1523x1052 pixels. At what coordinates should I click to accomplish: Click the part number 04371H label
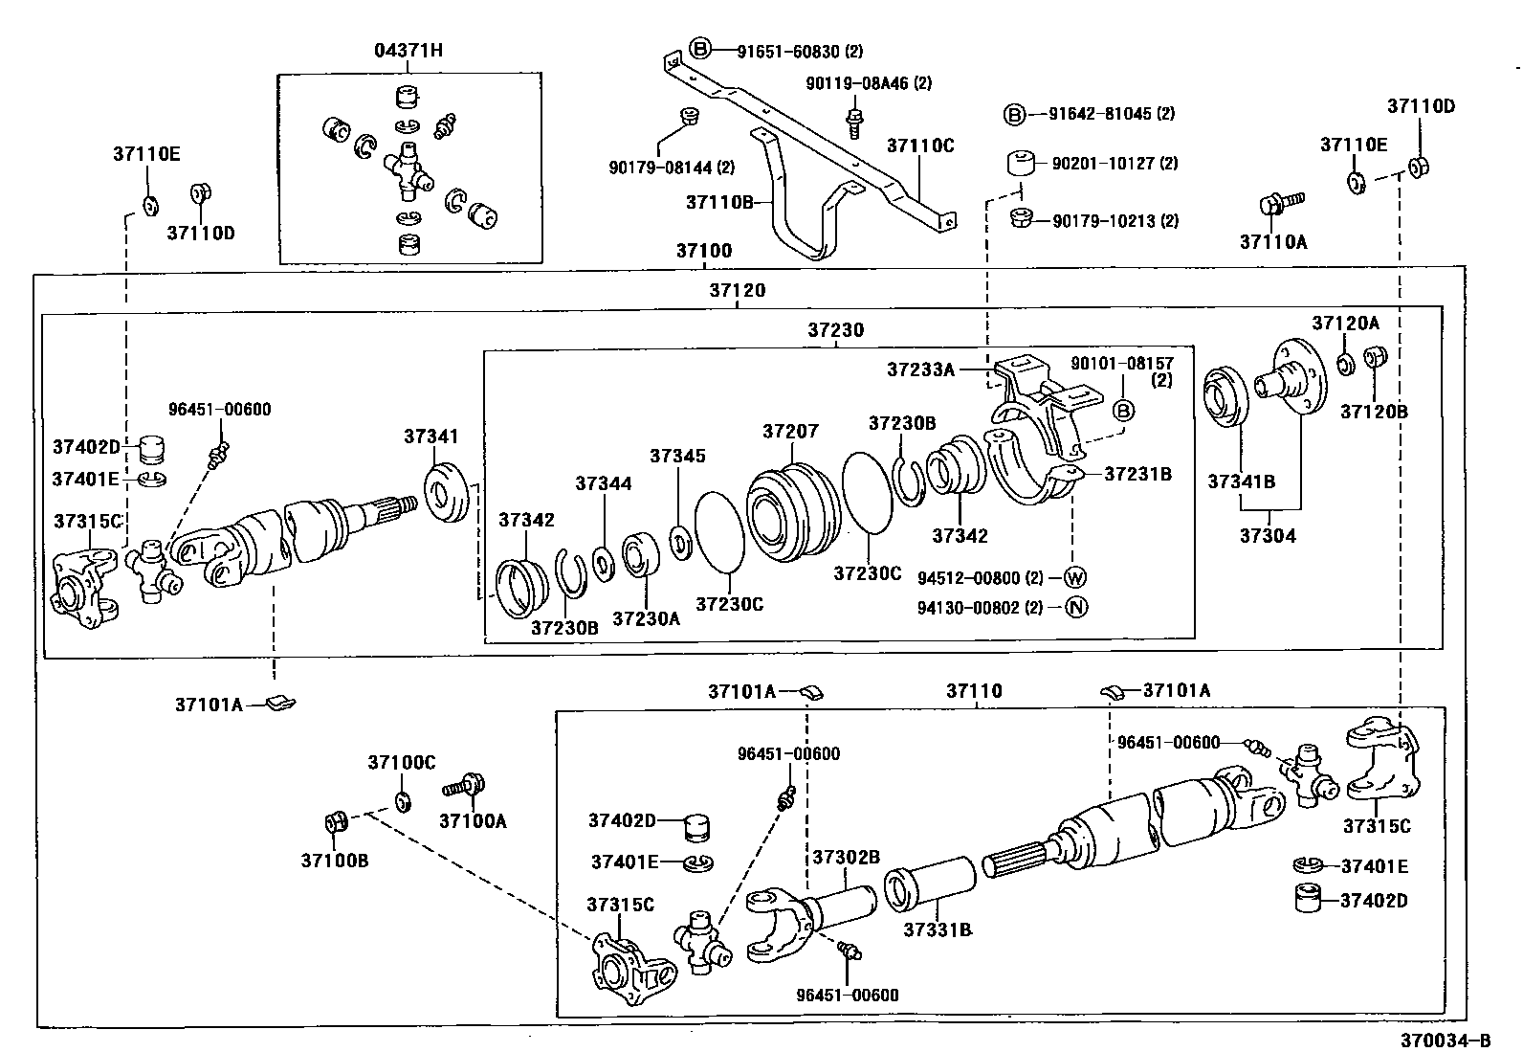[408, 51]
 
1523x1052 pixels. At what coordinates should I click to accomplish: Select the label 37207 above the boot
[790, 431]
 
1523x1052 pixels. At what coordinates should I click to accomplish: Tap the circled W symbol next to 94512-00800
[1075, 577]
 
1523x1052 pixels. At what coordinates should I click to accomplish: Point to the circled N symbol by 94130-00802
[1075, 607]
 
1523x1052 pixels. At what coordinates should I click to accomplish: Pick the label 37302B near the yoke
[846, 857]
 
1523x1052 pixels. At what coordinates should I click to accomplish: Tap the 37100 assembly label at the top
[703, 251]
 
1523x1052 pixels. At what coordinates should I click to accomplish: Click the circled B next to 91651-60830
[701, 50]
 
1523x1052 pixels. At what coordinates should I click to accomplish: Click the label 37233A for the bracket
[920, 369]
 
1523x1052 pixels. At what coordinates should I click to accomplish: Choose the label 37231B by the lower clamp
[1137, 474]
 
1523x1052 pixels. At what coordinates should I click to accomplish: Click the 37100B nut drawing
[335, 822]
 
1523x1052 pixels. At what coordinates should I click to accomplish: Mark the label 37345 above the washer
[677, 456]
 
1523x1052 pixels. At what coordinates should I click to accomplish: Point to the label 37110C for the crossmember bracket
[920, 145]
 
